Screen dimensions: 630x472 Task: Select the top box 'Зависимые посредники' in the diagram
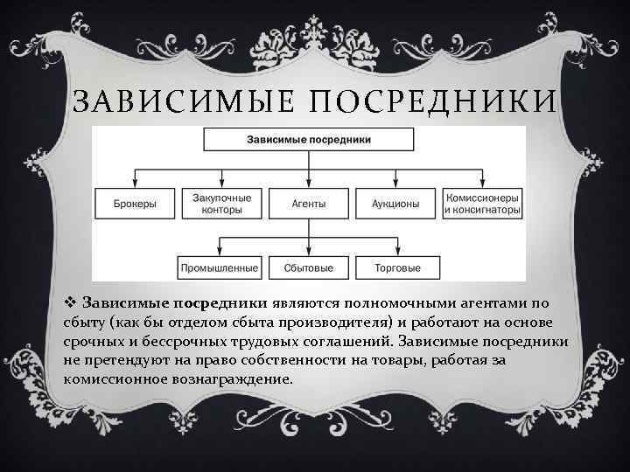coord(309,140)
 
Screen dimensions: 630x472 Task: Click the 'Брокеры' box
coord(136,204)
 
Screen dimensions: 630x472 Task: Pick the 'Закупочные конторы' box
coord(221,204)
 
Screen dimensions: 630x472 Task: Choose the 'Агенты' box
coord(308,204)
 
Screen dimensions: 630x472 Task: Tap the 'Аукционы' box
coord(395,204)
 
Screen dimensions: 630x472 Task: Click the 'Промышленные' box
coord(219,267)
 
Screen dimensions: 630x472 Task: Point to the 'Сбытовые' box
coord(308,267)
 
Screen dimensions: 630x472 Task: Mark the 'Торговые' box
coord(396,267)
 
